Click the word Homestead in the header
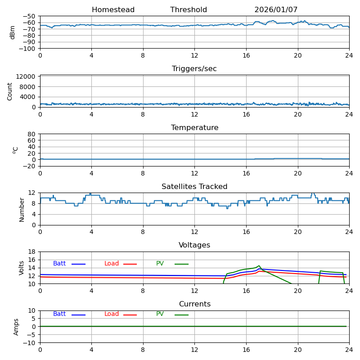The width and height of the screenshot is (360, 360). pyautogui.click(x=113, y=10)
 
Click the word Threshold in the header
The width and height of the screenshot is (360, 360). pyautogui.click(x=189, y=10)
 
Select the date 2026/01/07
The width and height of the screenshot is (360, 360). pyautogui.click(x=276, y=10)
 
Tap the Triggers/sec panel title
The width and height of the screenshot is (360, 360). pyautogui.click(x=194, y=69)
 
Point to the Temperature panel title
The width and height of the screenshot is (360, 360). pyautogui.click(x=194, y=128)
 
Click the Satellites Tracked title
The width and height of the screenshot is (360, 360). pyautogui.click(x=194, y=187)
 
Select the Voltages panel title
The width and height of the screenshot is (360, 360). pyautogui.click(x=194, y=245)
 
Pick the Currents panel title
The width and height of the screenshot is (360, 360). pyautogui.click(x=194, y=304)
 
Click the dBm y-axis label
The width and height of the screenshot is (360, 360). pyautogui.click(x=13, y=32)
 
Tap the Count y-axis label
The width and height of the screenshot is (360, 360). pyautogui.click(x=10, y=91)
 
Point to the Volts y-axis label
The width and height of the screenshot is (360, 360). pyautogui.click(x=22, y=268)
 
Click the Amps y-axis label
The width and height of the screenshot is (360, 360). pyautogui.click(x=16, y=327)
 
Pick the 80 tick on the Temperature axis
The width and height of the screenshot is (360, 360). pyautogui.click(x=32, y=134)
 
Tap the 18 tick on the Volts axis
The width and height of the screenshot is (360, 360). pyautogui.click(x=32, y=252)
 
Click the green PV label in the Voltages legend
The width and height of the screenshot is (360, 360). pyautogui.click(x=160, y=264)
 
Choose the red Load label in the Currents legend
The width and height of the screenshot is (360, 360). pyautogui.click(x=112, y=314)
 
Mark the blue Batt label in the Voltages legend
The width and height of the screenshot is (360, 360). pyautogui.click(x=59, y=264)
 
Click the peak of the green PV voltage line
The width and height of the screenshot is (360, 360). pyautogui.click(x=259, y=265)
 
